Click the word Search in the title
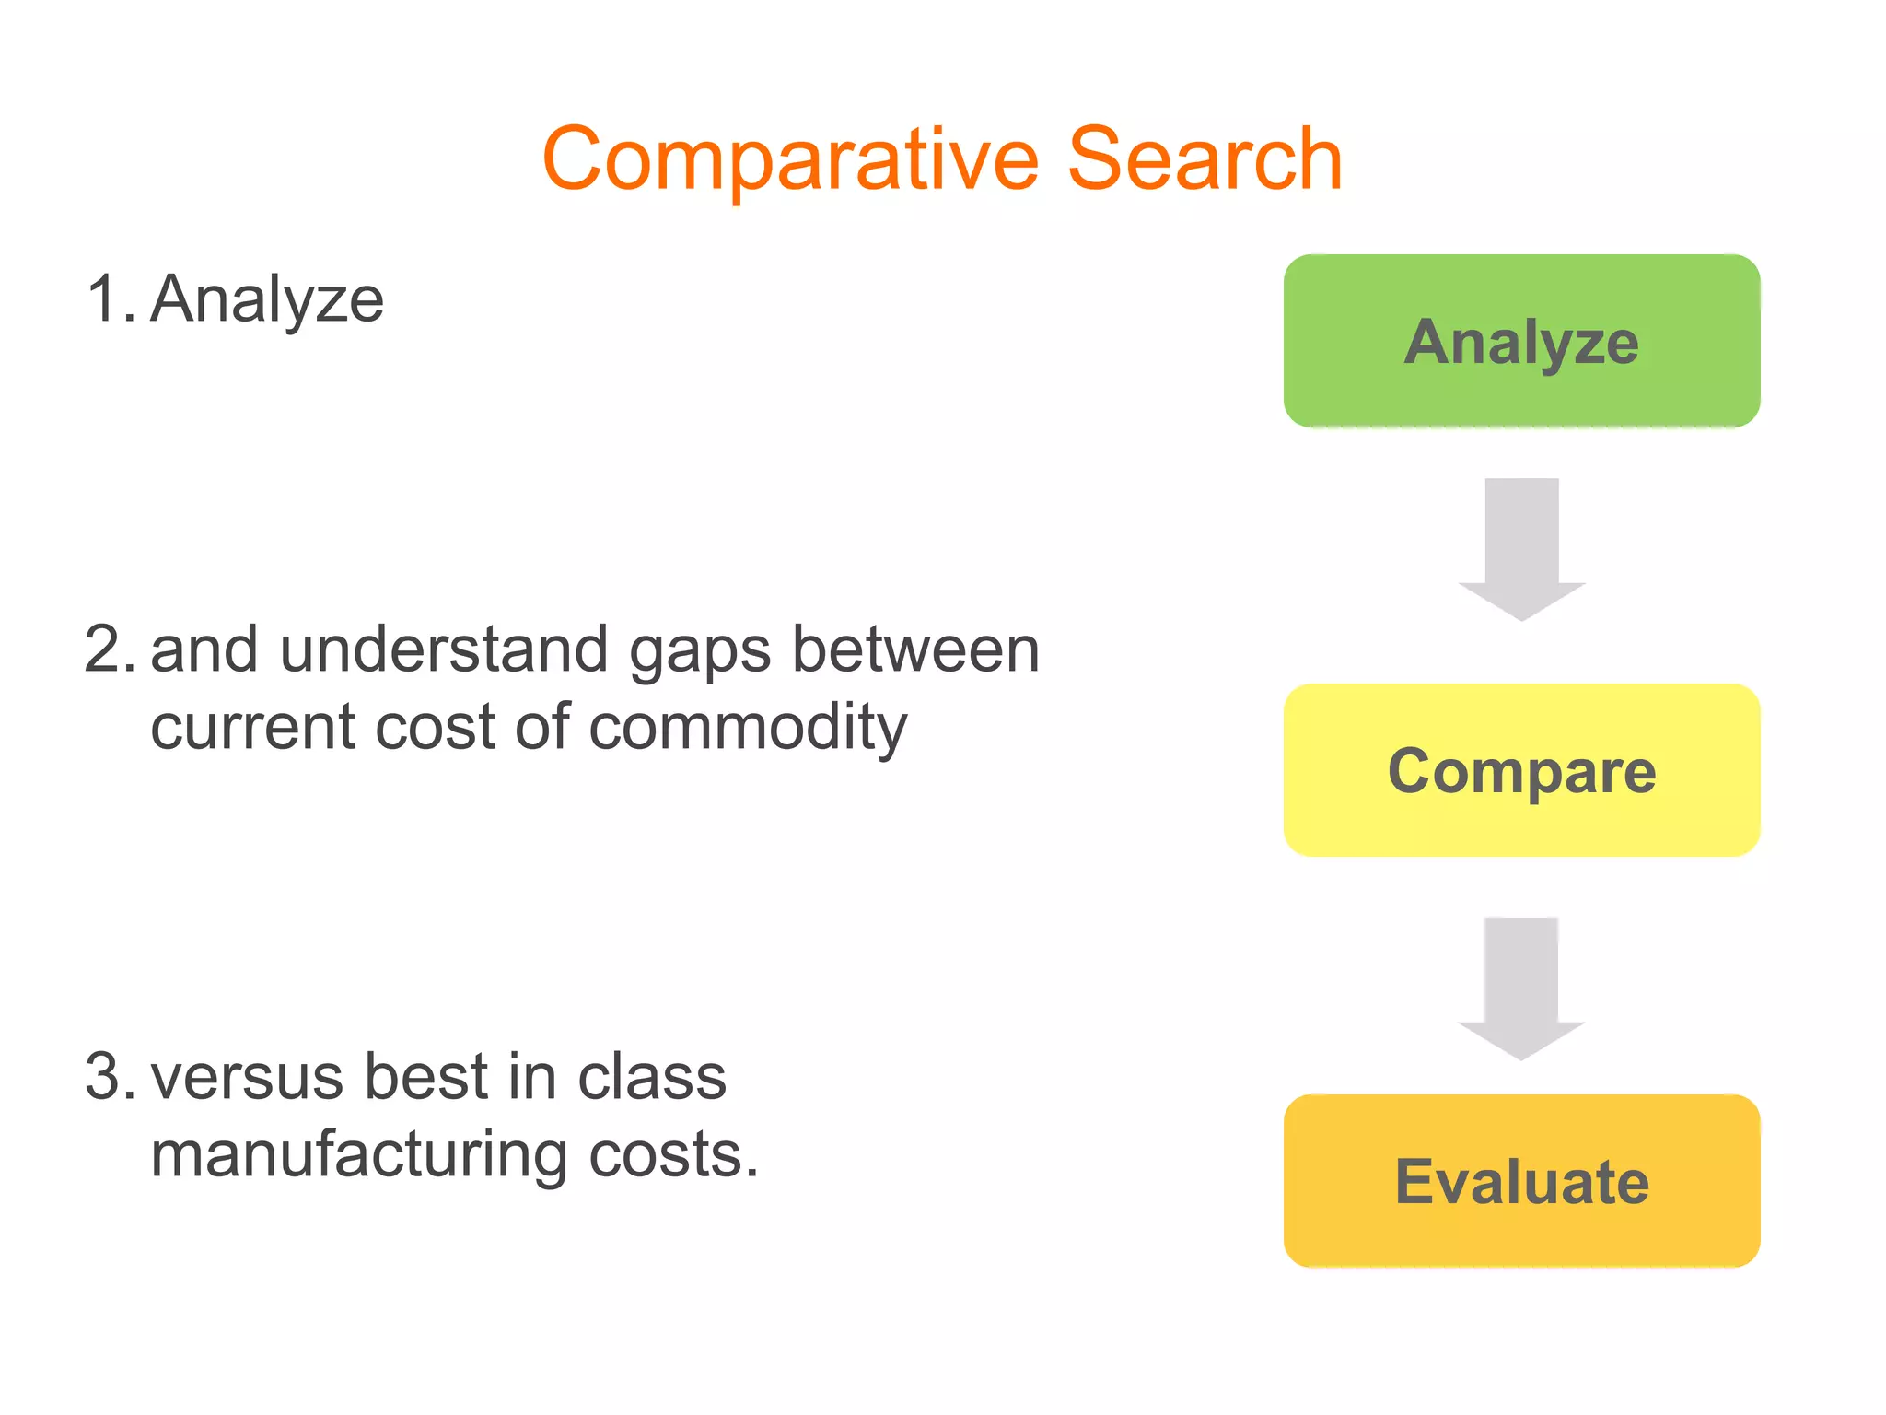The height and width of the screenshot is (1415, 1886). pos(1205,159)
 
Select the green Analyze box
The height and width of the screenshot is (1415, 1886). pos(1521,341)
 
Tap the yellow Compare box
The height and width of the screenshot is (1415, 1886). pos(1521,770)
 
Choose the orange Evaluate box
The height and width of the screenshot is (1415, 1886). pos(1521,1181)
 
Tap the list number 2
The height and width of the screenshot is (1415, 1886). pos(109,649)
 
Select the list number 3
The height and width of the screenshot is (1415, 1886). pos(109,1076)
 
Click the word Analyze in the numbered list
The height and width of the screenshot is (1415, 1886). pos(267,300)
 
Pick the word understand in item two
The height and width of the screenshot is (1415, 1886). pos(444,649)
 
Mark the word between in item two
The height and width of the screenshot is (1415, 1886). pos(915,649)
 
